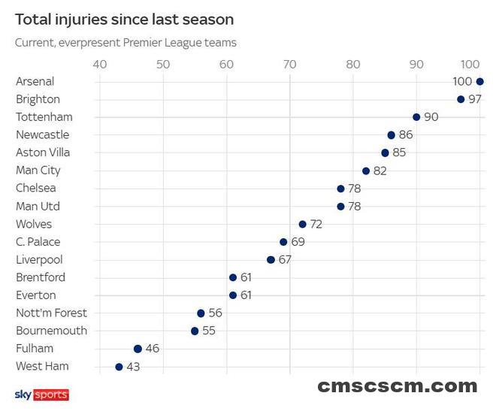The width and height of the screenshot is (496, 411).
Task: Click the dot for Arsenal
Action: [x=480, y=81]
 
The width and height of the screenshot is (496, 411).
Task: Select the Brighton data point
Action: [x=461, y=99]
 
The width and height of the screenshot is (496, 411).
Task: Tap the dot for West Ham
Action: [x=119, y=367]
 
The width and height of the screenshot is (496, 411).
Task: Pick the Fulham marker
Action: [x=138, y=349]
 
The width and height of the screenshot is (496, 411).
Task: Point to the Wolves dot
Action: [x=303, y=224]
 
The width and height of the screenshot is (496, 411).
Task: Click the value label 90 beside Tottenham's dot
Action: [x=431, y=117]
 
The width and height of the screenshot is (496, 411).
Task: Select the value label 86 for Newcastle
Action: [x=406, y=135]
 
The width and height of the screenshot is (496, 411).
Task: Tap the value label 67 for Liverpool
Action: [x=285, y=260]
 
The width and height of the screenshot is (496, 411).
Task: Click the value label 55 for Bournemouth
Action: [x=208, y=331]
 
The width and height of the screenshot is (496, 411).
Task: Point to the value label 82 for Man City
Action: [x=380, y=171]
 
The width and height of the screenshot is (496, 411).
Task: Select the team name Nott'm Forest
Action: [x=51, y=313]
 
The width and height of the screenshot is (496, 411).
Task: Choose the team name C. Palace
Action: [x=38, y=242]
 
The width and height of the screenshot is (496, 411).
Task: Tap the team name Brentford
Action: [x=41, y=277]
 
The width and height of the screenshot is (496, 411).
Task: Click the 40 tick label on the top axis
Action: [x=99, y=64]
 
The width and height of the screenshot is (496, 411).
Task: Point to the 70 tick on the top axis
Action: [x=289, y=64]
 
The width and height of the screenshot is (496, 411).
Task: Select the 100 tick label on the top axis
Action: [x=471, y=64]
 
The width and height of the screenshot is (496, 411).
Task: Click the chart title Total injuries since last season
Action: [x=124, y=20]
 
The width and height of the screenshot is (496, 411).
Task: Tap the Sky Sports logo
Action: [x=41, y=394]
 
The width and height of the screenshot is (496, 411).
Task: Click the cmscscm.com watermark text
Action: [x=397, y=386]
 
